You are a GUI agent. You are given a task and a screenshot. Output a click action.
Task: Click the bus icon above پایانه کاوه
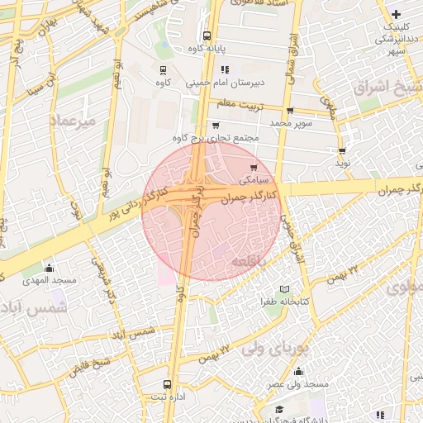coord(206,36)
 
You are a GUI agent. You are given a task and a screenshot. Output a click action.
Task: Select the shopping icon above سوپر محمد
coord(289,111)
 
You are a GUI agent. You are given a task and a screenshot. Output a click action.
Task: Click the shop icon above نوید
coord(342,151)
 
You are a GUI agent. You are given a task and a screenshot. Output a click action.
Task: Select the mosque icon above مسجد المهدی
coord(49,268)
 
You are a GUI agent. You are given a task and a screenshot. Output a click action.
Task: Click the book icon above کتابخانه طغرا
coord(285,289)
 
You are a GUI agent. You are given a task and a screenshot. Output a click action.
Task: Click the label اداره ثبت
coord(167,397)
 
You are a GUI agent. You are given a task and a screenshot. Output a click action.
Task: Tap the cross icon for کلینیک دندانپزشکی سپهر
coord(397,14)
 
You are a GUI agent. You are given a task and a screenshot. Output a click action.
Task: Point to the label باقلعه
coord(249,261)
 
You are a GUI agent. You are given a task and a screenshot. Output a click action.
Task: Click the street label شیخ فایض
coord(91,364)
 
